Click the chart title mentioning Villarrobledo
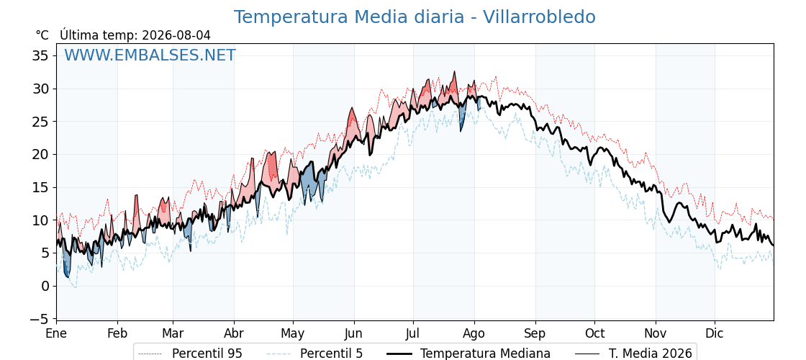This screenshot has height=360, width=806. coord(415,17)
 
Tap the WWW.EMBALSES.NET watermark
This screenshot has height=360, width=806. coord(150,55)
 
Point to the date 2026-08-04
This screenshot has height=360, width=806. coord(176,35)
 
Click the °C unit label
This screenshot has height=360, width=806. coord(42,35)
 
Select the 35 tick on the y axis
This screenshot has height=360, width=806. coord(40,55)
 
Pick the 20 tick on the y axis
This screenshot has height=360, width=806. coord(40,154)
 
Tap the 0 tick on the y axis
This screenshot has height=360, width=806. coord(45,286)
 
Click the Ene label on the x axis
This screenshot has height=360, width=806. coord(56,334)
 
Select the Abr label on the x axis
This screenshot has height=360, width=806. coord(234,334)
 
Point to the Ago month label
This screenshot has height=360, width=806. coord(474,334)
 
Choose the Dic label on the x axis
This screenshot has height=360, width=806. coord(714,334)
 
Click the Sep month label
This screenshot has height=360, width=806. coord(535,334)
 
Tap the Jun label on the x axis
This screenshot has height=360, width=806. coord(353,334)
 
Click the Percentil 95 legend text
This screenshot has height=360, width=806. coord(207,354)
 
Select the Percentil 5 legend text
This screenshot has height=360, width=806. coord(332,354)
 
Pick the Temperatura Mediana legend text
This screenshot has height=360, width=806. coord(485,354)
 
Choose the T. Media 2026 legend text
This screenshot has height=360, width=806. coord(651,354)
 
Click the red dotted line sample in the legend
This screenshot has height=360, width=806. coord(151,354)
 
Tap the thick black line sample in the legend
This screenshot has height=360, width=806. coord(399,354)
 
